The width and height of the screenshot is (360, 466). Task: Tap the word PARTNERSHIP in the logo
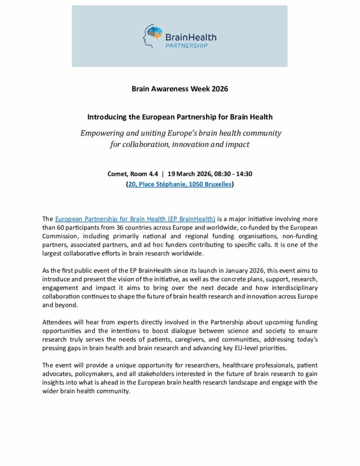coord(186,46)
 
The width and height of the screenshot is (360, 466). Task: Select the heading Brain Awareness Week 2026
coord(180,89)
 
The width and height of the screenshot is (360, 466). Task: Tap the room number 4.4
coord(150,173)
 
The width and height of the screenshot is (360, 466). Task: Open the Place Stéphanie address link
coord(180,184)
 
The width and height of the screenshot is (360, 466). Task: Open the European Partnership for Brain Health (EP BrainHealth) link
coord(135,219)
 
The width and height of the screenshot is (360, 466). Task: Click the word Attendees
coord(58,322)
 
